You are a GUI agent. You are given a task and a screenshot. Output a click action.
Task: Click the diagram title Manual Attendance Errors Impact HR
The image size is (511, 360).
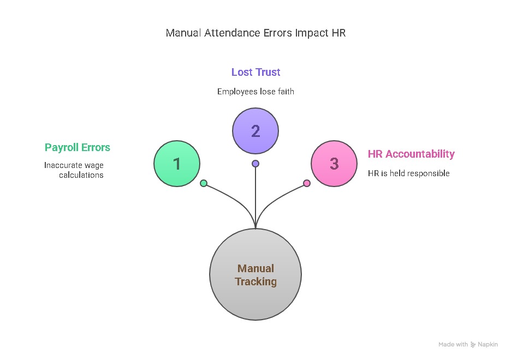(255, 33)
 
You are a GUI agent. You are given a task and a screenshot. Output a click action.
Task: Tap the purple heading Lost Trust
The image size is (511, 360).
(255, 72)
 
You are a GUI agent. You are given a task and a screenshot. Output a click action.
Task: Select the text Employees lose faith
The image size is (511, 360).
(255, 92)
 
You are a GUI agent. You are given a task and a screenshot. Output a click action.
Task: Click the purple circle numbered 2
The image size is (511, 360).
(255, 131)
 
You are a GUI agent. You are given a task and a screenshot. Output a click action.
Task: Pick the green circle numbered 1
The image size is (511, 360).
(177, 163)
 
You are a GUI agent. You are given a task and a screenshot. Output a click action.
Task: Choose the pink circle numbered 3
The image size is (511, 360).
(334, 163)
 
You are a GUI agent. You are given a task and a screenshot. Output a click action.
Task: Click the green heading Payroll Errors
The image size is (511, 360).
(78, 147)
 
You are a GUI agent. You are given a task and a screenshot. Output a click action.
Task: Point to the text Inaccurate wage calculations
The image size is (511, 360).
(74, 170)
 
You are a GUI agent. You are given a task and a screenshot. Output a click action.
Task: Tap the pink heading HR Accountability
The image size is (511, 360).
(411, 154)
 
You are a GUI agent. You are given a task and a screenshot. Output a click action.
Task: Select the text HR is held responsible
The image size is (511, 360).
(409, 173)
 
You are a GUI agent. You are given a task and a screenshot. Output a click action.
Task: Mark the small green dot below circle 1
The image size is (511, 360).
(204, 183)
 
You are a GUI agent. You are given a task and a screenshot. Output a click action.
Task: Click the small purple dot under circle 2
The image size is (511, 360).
(255, 164)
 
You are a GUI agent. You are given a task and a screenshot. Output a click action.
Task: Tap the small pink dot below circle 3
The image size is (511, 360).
(307, 183)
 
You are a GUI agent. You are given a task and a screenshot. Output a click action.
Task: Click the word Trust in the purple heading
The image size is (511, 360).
(267, 72)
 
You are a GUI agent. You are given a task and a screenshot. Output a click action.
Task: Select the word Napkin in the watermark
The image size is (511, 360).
(489, 345)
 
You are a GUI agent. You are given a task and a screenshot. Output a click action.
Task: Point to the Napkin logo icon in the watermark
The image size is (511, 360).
(473, 345)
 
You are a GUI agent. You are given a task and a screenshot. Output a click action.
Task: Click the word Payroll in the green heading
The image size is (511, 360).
(62, 147)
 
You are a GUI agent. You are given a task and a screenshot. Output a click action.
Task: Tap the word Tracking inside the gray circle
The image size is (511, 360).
(255, 282)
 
